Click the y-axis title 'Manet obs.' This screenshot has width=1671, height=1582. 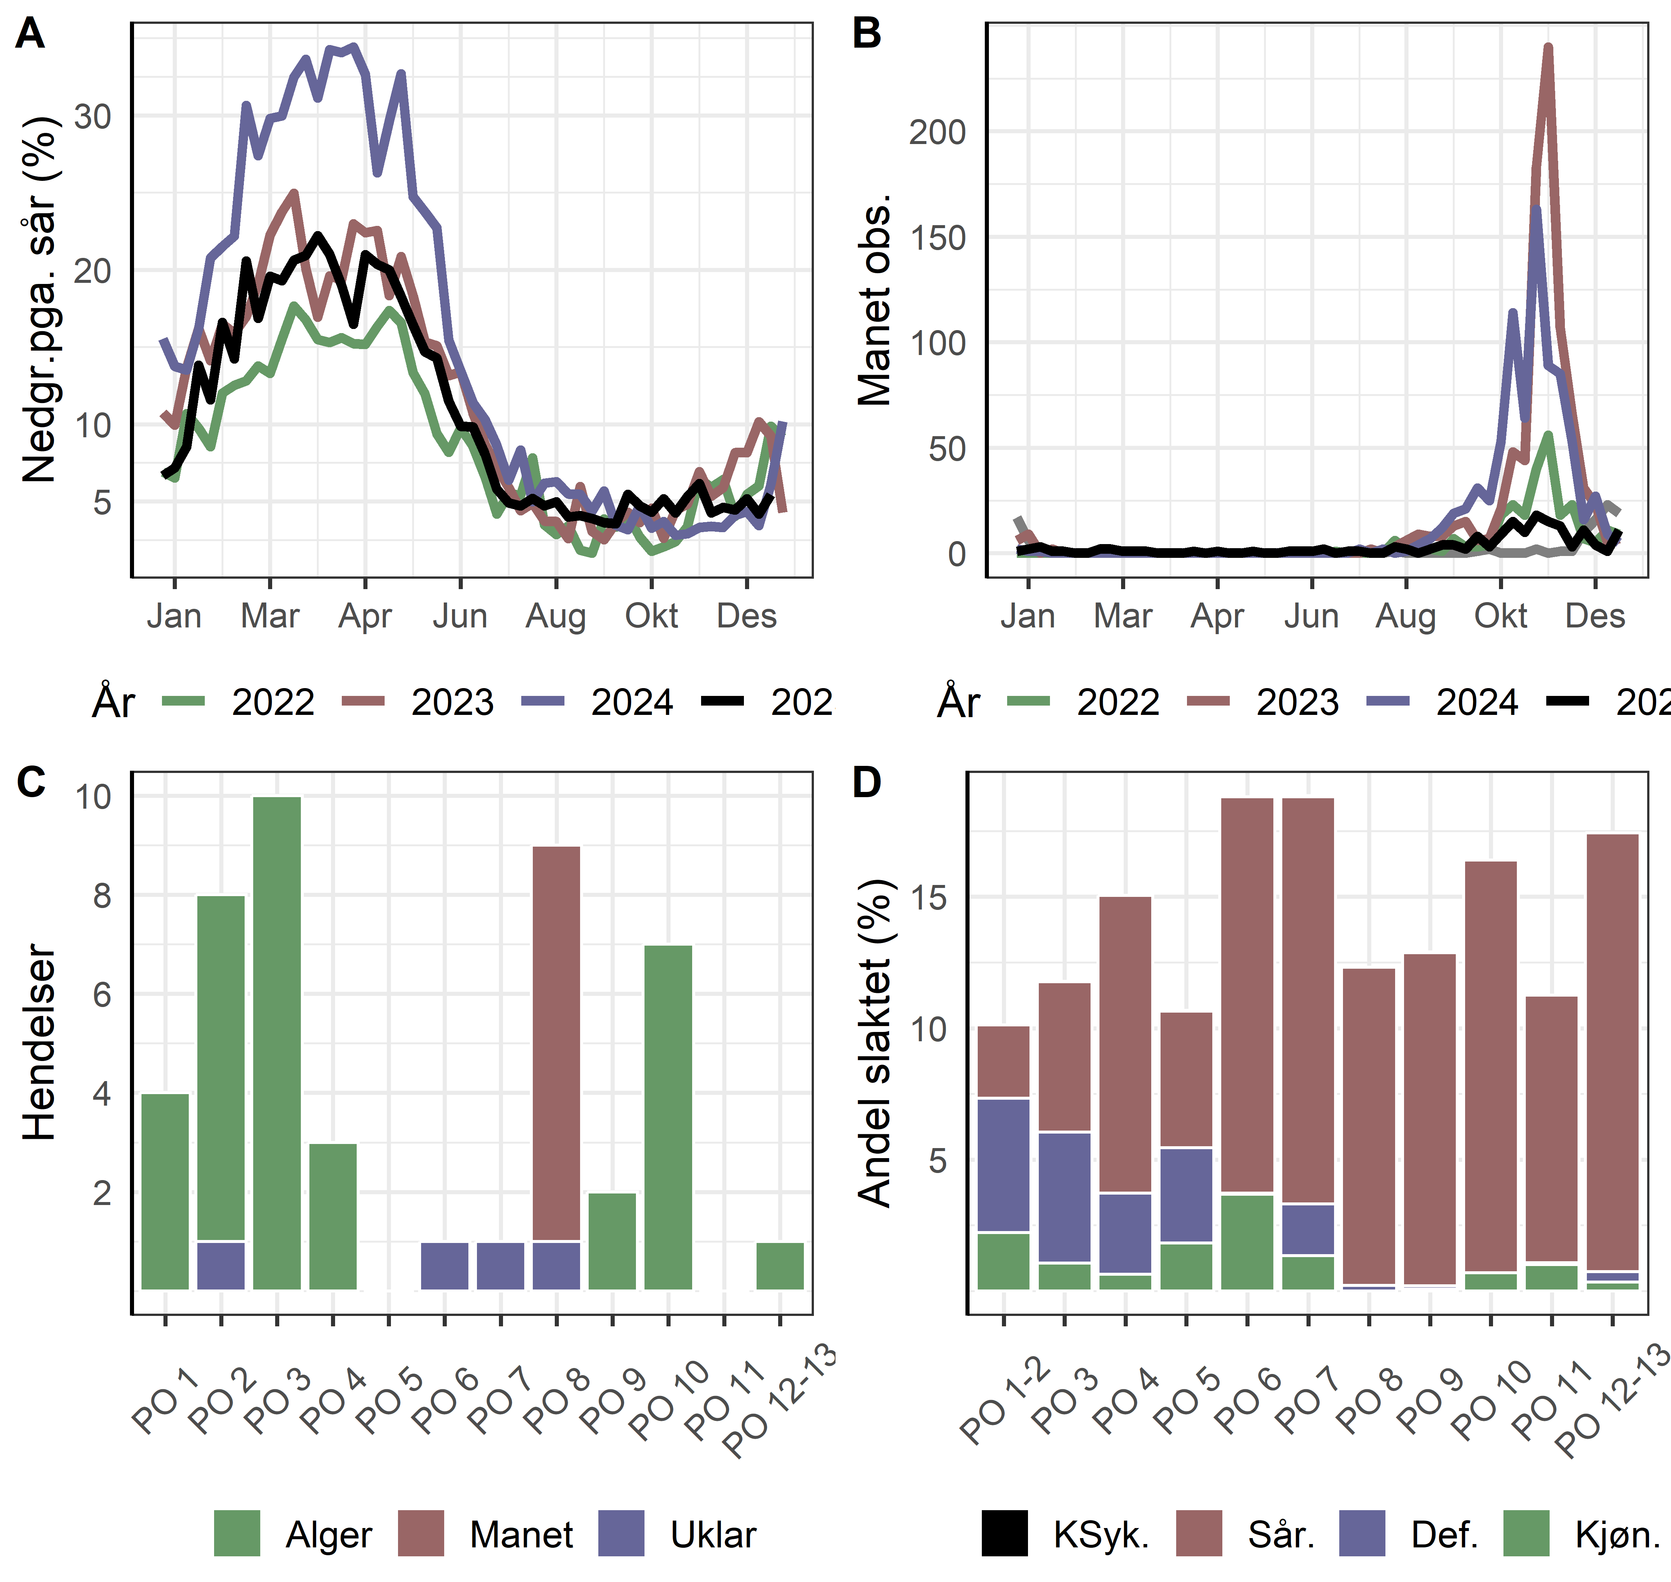tap(874, 299)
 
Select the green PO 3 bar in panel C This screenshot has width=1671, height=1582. tap(277, 1042)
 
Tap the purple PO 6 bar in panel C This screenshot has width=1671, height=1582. tap(445, 1266)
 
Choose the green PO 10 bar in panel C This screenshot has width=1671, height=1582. tap(668, 1116)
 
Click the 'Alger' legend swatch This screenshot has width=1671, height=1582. tap(237, 1533)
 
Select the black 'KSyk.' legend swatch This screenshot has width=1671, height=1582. tap(1005, 1533)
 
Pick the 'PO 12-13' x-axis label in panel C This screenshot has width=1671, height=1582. tap(780, 1400)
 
